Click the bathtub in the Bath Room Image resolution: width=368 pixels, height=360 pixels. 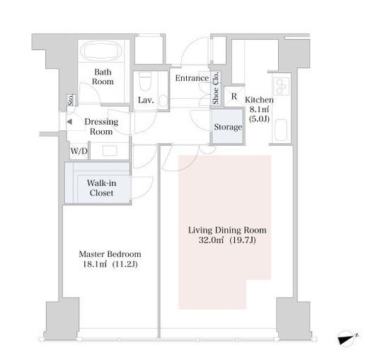(101, 51)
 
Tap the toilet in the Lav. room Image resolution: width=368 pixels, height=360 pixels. (145, 81)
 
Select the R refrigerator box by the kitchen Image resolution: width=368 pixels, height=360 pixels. (234, 96)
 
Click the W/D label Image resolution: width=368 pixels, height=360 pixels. (79, 151)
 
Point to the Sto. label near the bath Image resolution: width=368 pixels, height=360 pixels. (71, 100)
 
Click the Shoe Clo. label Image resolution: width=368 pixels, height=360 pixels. (216, 88)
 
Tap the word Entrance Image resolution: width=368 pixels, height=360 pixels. (192, 78)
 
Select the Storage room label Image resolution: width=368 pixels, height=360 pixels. (228, 127)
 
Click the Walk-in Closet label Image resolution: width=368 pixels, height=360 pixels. (101, 188)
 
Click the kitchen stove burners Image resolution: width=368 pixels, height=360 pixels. (282, 86)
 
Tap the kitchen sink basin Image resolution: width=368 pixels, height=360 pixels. (281, 130)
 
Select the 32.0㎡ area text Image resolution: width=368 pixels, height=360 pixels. (211, 240)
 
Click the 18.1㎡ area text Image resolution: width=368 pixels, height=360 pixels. (95, 264)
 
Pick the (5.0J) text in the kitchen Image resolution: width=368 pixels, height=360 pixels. (259, 119)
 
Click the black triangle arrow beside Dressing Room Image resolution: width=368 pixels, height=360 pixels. (69, 122)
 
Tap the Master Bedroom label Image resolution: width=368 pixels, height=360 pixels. (110, 254)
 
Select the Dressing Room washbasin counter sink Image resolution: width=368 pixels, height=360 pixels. (110, 151)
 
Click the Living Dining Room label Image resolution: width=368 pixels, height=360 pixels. (227, 230)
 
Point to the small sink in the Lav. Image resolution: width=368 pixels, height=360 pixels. (163, 101)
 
